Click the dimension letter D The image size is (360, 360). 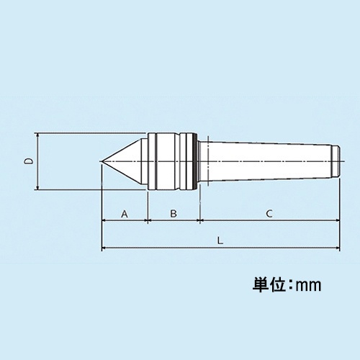click(x=27, y=162)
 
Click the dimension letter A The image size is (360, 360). click(x=124, y=214)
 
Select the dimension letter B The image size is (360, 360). click(x=173, y=214)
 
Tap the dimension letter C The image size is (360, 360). click(x=268, y=214)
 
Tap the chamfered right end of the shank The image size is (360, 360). click(x=336, y=162)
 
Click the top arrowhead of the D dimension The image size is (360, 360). click(x=37, y=136)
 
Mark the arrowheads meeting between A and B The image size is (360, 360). click(x=148, y=221)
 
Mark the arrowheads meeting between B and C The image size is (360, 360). click(x=198, y=221)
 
